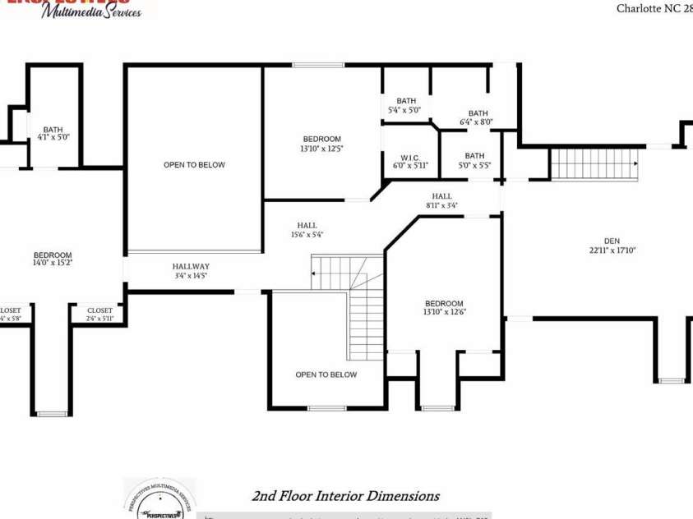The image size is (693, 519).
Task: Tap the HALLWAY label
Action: pos(191,266)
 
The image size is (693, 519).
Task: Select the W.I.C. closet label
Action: pos(409,157)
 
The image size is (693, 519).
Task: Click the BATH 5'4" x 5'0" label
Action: pos(405,101)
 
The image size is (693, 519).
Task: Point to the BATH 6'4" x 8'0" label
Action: pos(477,113)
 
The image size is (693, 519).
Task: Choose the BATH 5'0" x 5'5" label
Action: pos(474,156)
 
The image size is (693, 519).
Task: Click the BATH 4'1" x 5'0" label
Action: pos(53,130)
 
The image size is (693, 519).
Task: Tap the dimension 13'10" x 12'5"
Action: pos(321,149)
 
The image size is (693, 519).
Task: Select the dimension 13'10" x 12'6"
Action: pos(444,312)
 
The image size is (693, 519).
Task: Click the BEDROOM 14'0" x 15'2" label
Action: pos(53,255)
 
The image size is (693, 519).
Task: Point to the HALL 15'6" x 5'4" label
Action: pos(307,225)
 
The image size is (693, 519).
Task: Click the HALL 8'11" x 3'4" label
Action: pos(441,196)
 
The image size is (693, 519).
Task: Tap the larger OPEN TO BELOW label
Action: pos(194,165)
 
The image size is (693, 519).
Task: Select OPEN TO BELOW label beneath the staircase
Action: pos(326,374)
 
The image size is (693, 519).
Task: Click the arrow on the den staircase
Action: pos(635,163)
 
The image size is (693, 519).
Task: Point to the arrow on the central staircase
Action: pos(315,272)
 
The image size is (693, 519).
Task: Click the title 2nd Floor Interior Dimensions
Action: pos(345,496)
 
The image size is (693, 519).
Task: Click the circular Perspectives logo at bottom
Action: pos(159,499)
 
